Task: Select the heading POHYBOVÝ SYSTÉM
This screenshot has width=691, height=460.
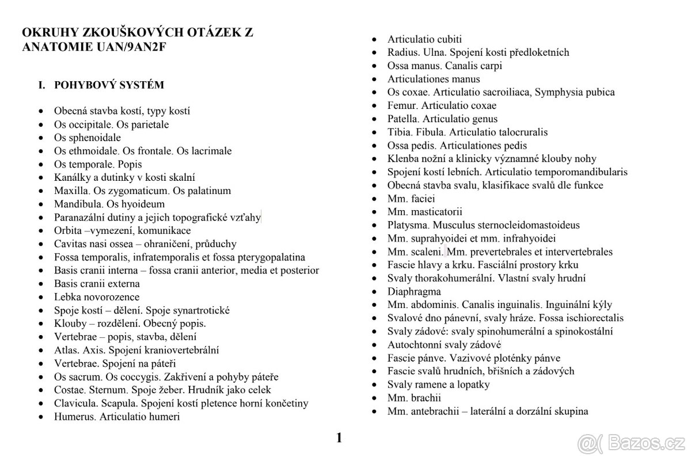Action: [x=109, y=85]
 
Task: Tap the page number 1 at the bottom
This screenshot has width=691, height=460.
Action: [x=339, y=438]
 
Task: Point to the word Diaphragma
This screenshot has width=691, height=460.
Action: [x=414, y=291]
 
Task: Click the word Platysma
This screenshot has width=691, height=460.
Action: [x=407, y=225]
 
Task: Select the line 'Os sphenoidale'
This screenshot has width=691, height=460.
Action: [x=88, y=138]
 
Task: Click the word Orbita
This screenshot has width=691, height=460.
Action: [x=69, y=230]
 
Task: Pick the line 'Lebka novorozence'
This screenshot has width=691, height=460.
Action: [x=97, y=297]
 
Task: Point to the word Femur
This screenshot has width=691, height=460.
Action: [x=402, y=105]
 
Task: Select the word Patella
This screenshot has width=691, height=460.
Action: [x=403, y=119]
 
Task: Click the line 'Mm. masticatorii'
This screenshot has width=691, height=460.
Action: [x=424, y=212]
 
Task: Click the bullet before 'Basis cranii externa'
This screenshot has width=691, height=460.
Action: [x=41, y=284]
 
